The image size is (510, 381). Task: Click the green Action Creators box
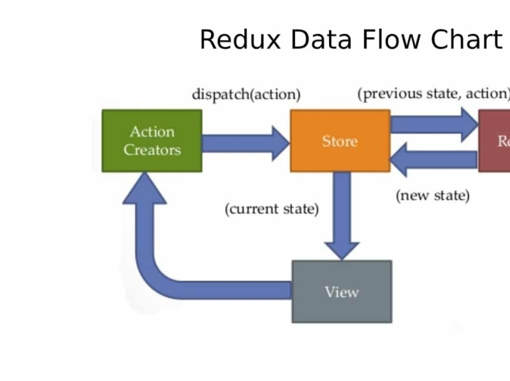click(152, 141)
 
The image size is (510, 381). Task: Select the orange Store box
click(340, 141)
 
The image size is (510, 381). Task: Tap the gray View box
click(342, 292)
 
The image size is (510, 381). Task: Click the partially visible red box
click(495, 141)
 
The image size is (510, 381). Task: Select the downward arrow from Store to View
click(342, 210)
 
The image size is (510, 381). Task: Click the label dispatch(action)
click(246, 95)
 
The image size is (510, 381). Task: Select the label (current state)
click(272, 209)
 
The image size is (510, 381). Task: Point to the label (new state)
click(433, 196)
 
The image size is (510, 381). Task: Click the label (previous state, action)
click(433, 94)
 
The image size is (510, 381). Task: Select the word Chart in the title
click(466, 40)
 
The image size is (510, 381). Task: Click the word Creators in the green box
click(152, 150)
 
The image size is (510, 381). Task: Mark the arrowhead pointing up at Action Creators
click(145, 188)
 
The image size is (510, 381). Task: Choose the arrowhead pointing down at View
click(342, 250)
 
